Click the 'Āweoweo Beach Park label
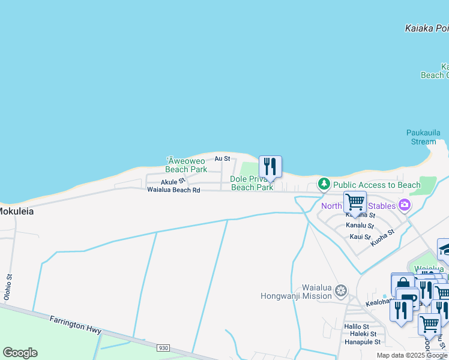click(x=186, y=165)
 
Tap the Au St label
click(x=222, y=158)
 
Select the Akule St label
click(x=173, y=182)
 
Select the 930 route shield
click(x=163, y=348)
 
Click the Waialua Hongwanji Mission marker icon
click(x=341, y=291)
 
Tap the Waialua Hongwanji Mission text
click(x=297, y=291)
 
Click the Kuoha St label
click(x=382, y=237)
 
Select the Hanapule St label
click(x=363, y=342)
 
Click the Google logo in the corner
click(x=20, y=352)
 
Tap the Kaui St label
click(x=360, y=236)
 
